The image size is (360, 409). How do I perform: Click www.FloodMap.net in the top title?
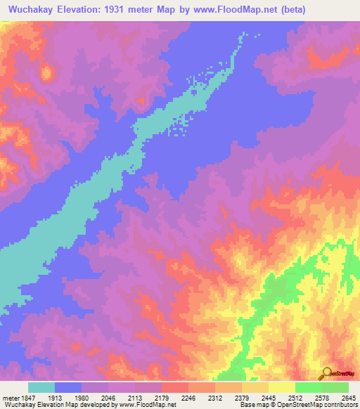coord(252,8)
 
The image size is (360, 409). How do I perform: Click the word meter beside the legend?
coord(10,398)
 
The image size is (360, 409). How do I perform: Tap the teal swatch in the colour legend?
coord(41,387)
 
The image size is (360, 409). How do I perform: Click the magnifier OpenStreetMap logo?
coord(326,373)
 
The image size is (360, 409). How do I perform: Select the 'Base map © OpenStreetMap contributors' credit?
coord(297,405)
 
